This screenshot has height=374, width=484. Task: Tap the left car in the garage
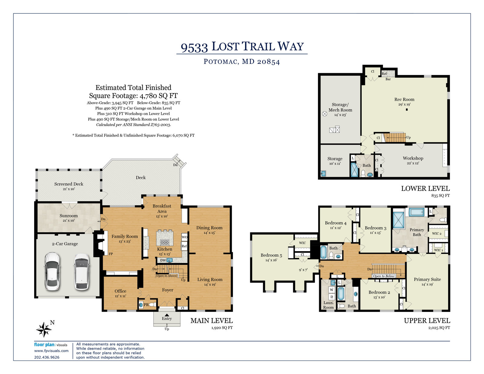tap(52, 271)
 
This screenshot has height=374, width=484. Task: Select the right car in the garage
tap(81, 271)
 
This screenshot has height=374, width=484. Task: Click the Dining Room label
tap(209, 228)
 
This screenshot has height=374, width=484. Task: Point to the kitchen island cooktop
tap(165, 242)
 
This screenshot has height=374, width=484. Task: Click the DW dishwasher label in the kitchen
tap(163, 260)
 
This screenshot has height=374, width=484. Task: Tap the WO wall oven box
tap(185, 237)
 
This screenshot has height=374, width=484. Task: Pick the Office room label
tap(120, 291)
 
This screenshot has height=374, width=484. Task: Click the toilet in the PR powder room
tap(152, 304)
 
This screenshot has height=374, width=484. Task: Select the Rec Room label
tap(404, 99)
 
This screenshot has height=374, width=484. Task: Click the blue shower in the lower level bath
tap(354, 170)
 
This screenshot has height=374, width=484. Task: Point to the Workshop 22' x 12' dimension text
tap(413, 163)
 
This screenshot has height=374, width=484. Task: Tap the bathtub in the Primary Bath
tap(416, 212)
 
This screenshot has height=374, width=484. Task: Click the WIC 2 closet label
tap(437, 233)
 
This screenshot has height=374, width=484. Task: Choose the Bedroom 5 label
tap(271, 255)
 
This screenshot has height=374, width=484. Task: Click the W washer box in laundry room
tap(332, 290)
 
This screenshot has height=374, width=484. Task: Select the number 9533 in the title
tap(194, 48)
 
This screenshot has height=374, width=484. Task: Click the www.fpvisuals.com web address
tap(51, 351)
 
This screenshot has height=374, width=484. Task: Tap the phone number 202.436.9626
tap(47, 357)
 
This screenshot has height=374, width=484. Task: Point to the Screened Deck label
tap(69, 184)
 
